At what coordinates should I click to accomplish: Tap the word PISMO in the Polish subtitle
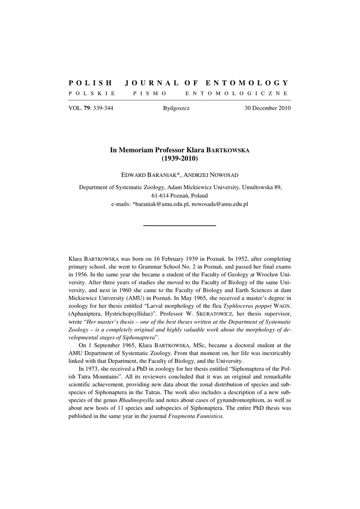[x=150, y=93]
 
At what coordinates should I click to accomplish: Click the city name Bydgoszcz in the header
[x=176, y=108]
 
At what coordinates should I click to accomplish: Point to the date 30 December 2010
[x=268, y=108]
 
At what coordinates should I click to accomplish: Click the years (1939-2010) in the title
[x=180, y=158]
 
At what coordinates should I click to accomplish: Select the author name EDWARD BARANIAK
[x=147, y=176]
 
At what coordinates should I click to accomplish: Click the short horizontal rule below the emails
[x=180, y=225]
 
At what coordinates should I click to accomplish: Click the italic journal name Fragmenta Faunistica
[x=195, y=416]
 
